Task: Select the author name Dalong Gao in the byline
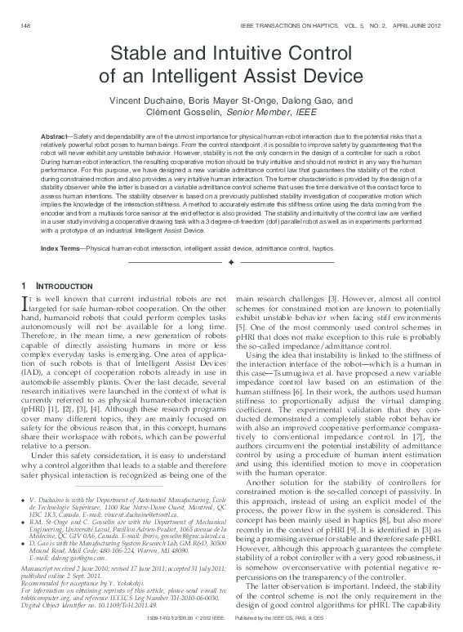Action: coord(300,101)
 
